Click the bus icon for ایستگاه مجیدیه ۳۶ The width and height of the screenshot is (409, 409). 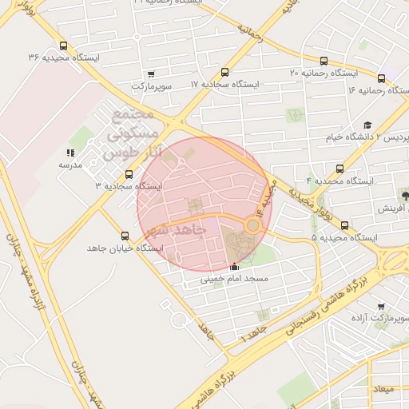click(63, 46)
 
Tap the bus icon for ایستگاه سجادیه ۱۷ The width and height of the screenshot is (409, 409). click(225, 72)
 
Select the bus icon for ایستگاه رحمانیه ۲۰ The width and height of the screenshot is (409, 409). click(324, 61)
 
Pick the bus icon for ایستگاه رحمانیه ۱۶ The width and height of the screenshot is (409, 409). click(381, 78)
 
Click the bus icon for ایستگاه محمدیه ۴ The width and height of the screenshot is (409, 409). click(340, 169)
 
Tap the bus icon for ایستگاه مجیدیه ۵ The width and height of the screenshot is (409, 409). click(312, 237)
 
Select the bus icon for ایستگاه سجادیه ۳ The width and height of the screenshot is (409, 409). click(129, 174)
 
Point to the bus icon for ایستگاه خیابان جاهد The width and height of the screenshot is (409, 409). click(124, 236)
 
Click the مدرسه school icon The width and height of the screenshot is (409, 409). click(70, 153)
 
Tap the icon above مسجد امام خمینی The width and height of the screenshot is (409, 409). click(233, 268)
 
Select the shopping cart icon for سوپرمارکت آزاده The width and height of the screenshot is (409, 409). click(380, 307)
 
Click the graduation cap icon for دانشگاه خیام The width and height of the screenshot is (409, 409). click(367, 125)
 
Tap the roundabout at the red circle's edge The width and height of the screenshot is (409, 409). click(252, 225)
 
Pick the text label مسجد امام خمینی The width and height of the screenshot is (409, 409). click(234, 280)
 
